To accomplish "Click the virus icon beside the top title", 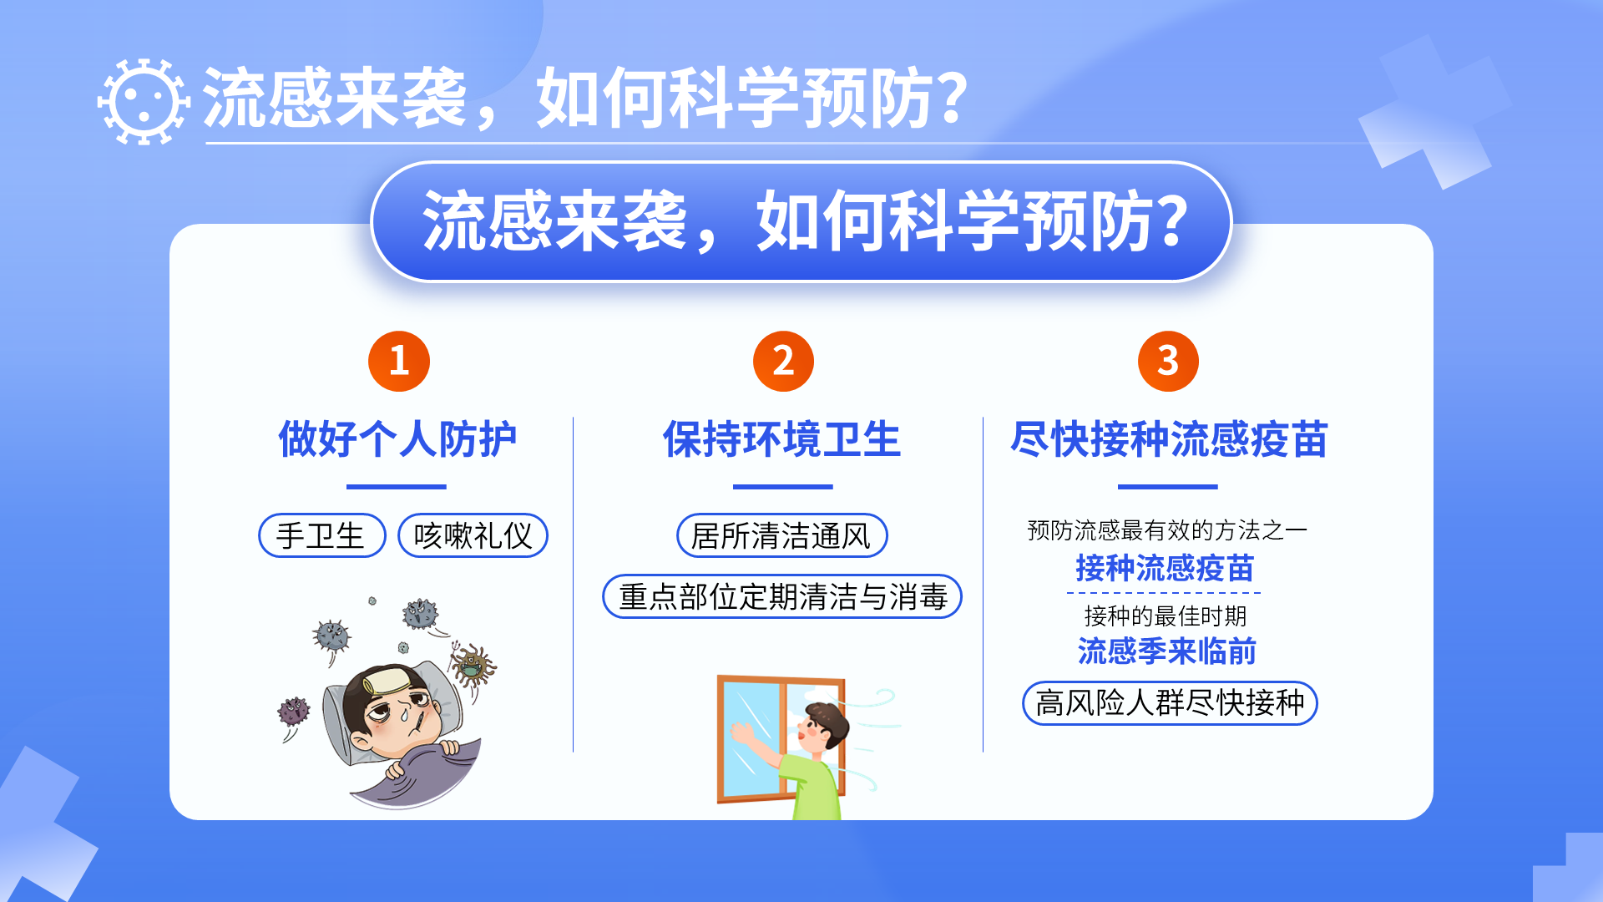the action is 144,101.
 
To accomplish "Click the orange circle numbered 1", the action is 399,361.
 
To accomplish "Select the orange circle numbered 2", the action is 783,361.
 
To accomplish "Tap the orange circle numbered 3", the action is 1168,361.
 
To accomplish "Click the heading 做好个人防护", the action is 397,439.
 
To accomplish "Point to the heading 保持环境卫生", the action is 782,439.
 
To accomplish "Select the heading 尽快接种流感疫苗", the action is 1169,439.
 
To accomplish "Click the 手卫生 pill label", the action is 322,535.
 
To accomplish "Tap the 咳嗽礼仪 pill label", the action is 473,535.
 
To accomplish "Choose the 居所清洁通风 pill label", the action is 781,535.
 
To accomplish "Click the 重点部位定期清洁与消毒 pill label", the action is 782,596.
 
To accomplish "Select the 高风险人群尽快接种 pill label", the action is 1170,703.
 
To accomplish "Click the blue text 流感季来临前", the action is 1166,651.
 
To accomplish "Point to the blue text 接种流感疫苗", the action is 1165,569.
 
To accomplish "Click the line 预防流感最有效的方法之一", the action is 1167,530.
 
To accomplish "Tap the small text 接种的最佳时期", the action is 1166,616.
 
